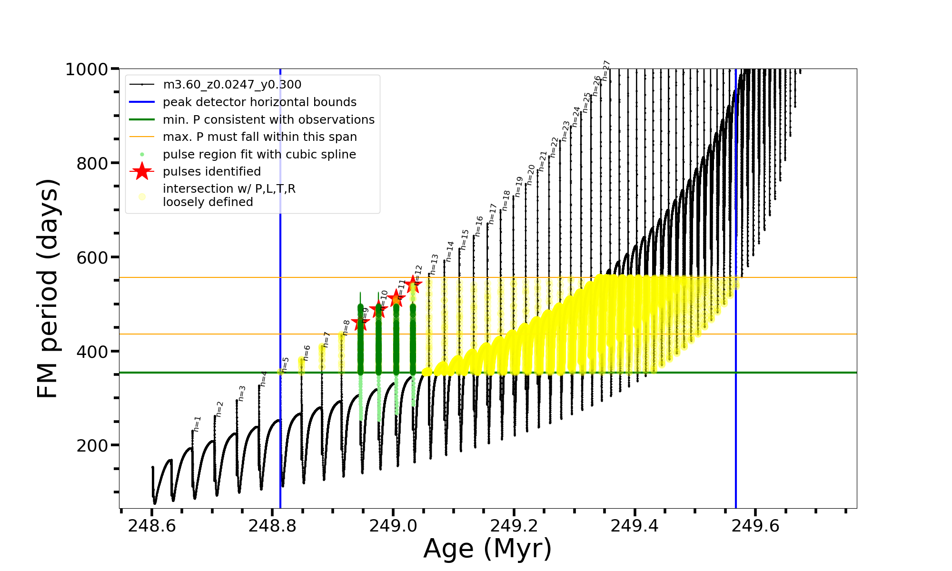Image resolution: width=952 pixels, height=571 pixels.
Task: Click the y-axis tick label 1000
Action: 87,69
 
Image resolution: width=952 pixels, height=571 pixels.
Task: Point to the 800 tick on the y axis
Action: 92,163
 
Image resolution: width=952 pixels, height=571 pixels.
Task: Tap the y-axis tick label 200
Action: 92,446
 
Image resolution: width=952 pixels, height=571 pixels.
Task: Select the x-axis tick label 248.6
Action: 152,526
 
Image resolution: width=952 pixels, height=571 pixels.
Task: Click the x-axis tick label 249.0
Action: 393,526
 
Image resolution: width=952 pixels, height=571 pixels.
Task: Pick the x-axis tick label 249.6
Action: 755,526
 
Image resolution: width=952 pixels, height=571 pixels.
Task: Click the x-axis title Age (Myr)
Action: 487,549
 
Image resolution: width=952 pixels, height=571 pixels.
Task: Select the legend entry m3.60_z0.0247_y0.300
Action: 232,85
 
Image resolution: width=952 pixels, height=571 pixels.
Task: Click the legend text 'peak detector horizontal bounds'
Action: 259,102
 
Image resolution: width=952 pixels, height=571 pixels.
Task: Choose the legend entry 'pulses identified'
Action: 212,172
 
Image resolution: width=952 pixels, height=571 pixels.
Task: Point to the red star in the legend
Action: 142,172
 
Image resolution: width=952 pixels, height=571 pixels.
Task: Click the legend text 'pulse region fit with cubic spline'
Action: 259,155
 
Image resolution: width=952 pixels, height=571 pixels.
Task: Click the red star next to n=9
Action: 360,323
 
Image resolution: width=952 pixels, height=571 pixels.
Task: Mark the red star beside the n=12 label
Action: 413,284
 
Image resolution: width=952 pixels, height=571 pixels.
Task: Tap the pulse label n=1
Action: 198,423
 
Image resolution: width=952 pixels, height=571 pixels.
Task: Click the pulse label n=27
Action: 606,70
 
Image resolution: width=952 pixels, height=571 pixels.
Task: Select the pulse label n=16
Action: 479,226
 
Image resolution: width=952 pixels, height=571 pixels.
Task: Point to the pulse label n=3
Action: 242,394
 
